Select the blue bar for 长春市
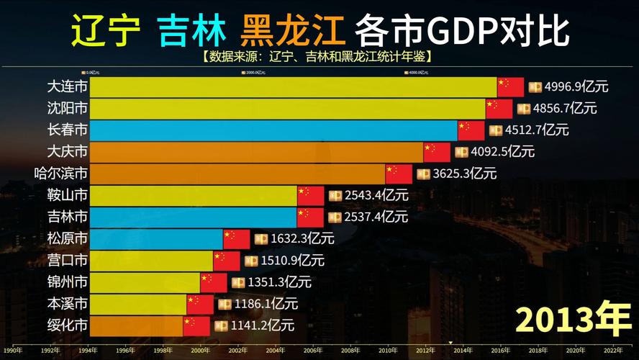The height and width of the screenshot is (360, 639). tap(273, 130)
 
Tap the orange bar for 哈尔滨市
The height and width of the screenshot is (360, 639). tap(237, 174)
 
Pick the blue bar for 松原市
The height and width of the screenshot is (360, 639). tap(155, 238)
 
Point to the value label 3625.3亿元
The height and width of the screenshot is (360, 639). tap(465, 174)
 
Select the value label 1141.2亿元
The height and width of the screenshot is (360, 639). tap(263, 325)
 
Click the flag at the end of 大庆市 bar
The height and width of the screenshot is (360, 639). tap(437, 152)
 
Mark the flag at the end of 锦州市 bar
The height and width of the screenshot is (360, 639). tap(214, 282)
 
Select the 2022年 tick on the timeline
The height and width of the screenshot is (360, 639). tap(613, 351)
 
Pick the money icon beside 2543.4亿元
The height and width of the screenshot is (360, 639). tap(335, 195)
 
